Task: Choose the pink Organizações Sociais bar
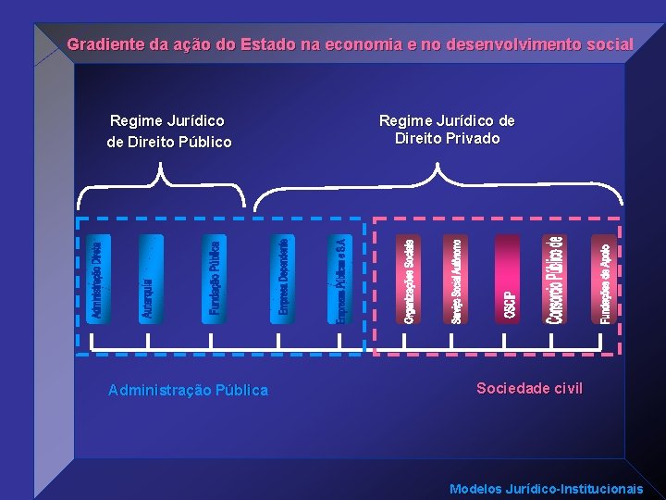point(410,280)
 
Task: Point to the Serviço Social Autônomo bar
point(458,280)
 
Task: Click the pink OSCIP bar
point(508,280)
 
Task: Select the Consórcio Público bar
point(555,280)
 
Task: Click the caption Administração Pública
point(188,390)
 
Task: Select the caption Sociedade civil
point(529,388)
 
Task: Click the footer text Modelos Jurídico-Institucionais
point(546,488)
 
